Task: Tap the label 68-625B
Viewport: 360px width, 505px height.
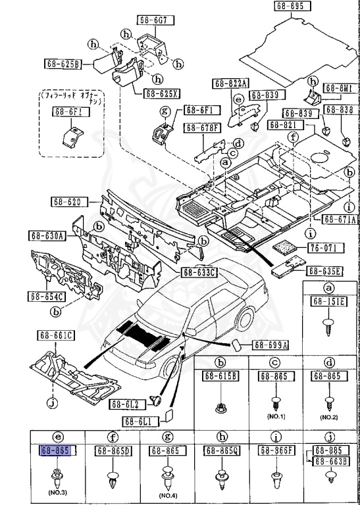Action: (63, 64)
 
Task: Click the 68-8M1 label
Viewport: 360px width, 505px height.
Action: (339, 86)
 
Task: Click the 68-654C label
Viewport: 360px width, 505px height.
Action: (46, 296)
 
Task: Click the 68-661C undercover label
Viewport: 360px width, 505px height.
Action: (55, 337)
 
